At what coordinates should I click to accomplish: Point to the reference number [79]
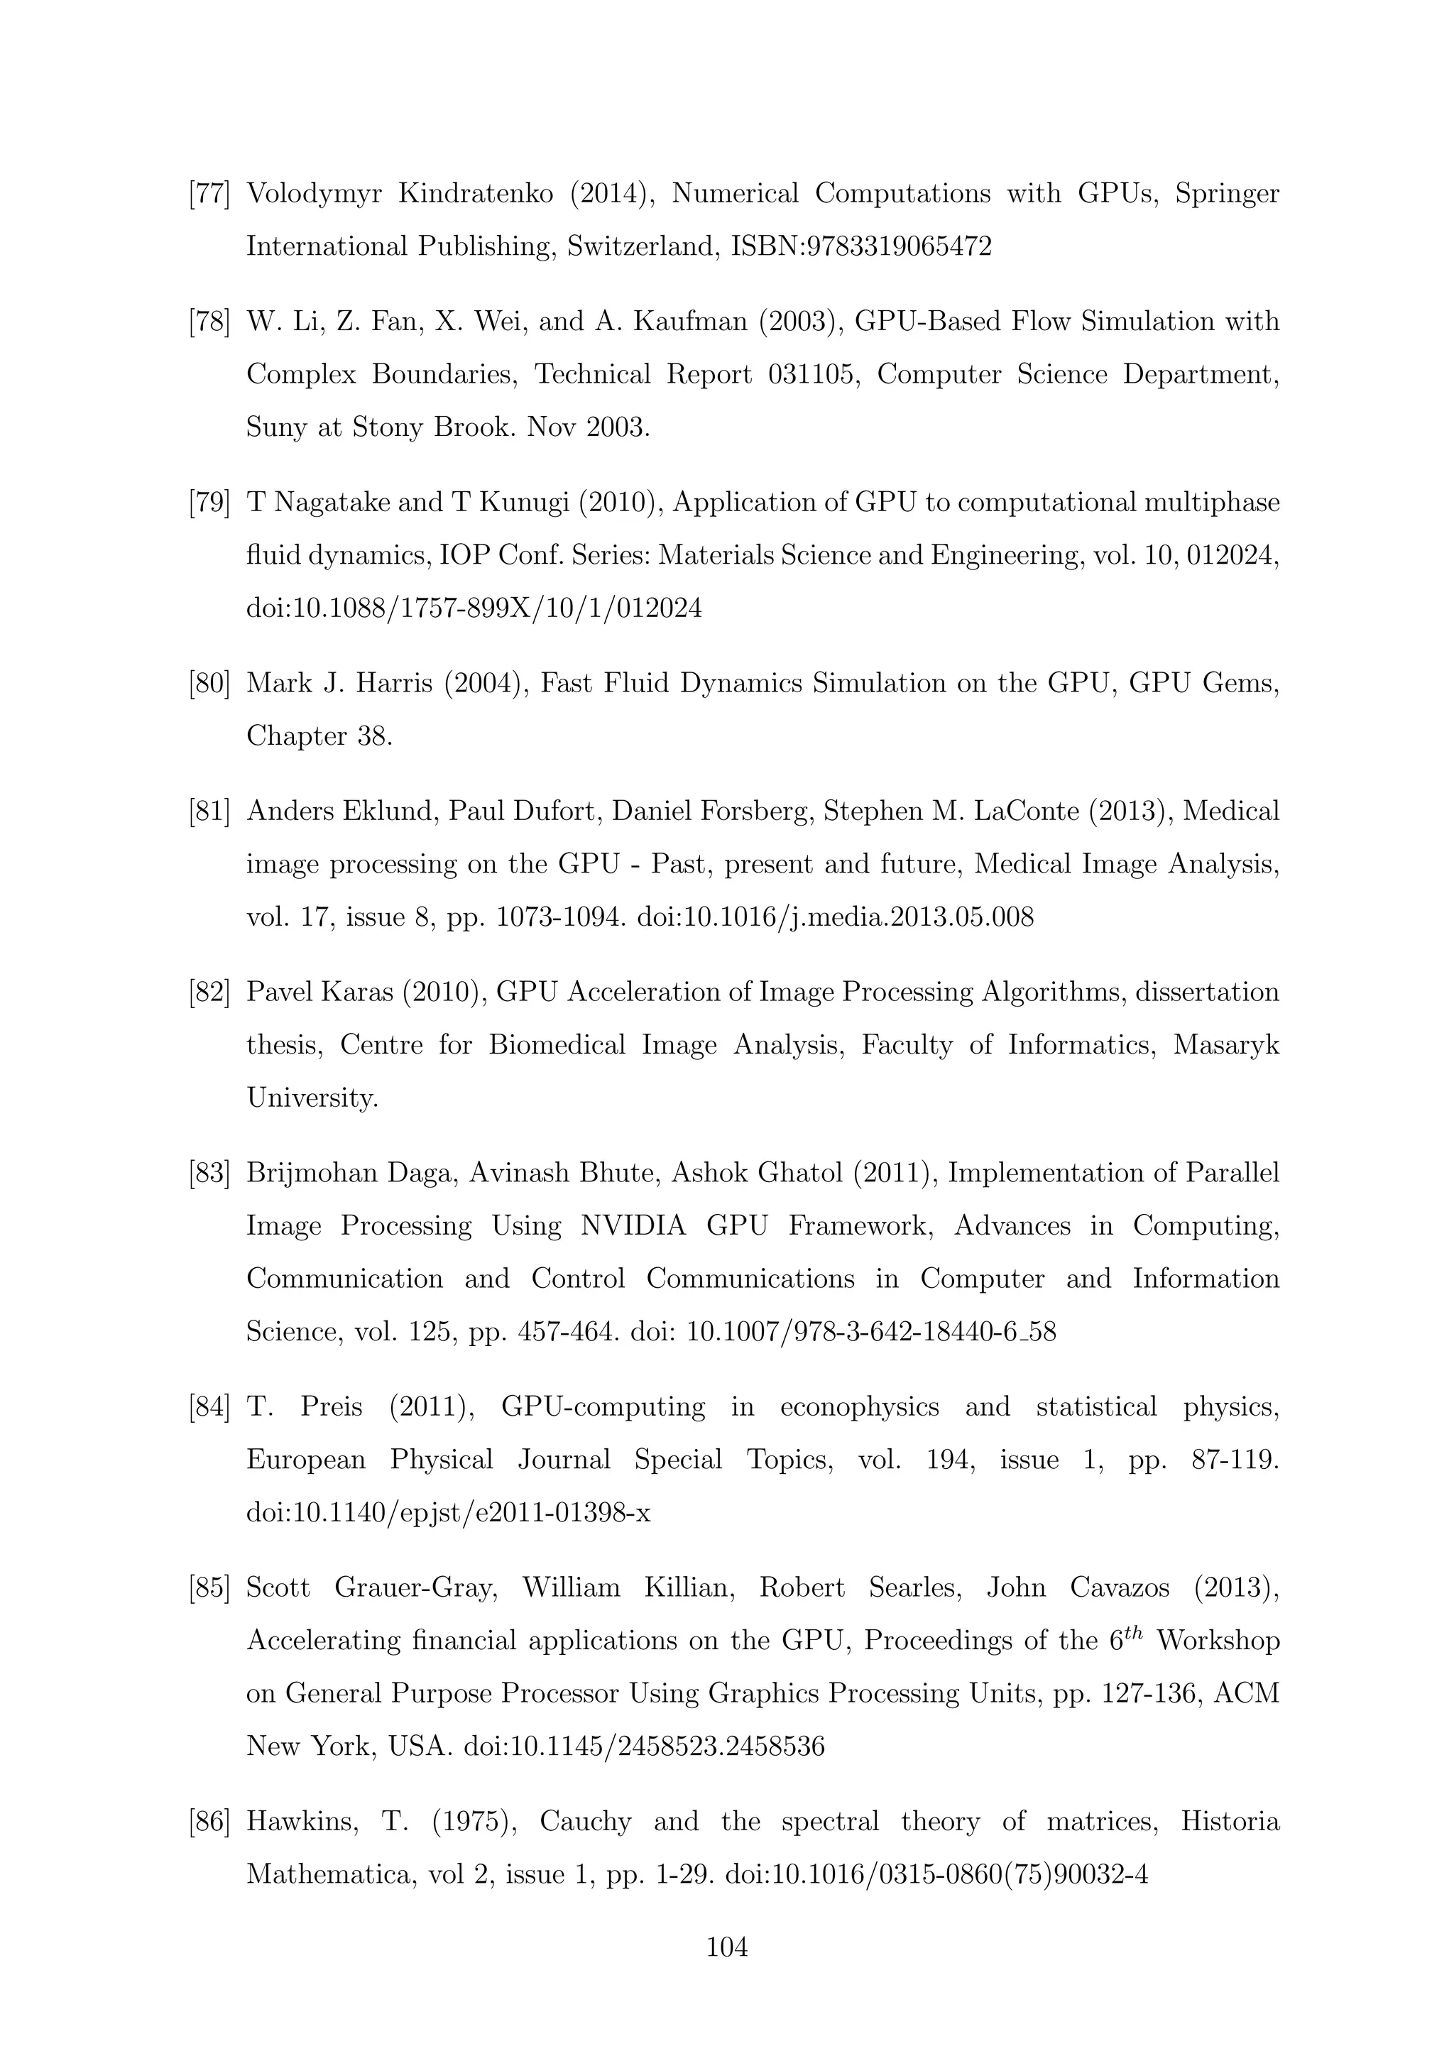point(209,503)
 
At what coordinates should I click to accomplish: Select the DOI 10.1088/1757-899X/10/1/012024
point(474,609)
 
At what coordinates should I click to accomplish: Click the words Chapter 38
point(319,736)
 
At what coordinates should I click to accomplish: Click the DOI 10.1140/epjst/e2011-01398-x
point(448,1514)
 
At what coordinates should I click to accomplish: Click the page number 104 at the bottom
point(727,1947)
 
